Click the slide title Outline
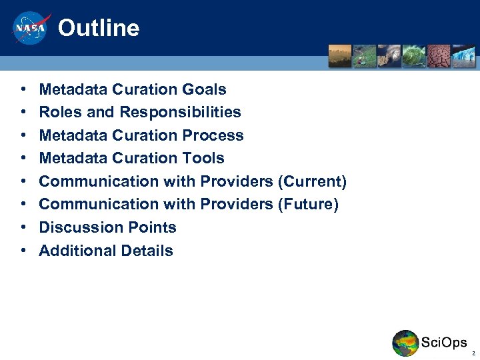point(99,29)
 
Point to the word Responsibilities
point(180,112)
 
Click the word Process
point(213,135)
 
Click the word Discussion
point(79,227)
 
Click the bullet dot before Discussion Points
point(23,227)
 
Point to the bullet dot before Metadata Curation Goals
point(23,89)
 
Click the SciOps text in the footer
point(444,343)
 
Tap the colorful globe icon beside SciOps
point(405,343)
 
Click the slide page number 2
point(473,353)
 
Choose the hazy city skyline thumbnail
point(339,56)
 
